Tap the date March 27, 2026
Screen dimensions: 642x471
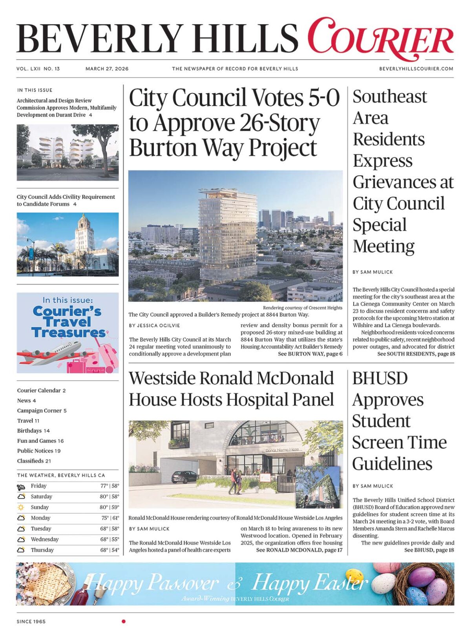107,69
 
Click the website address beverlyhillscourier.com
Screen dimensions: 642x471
416,69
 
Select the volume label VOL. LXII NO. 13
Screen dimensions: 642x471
38,69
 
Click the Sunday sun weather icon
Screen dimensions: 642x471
21,507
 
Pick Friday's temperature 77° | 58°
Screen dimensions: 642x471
110,486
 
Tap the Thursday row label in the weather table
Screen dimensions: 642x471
42,550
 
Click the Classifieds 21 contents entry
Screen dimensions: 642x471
34,461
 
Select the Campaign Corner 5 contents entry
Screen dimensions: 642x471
42,410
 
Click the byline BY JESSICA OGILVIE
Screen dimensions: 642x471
154,325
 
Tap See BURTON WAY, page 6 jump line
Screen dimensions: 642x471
310,354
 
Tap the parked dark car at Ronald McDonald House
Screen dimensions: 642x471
184,476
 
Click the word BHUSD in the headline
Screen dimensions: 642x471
380,378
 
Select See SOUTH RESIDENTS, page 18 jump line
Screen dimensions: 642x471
416,354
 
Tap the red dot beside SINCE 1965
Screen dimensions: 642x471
124,621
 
